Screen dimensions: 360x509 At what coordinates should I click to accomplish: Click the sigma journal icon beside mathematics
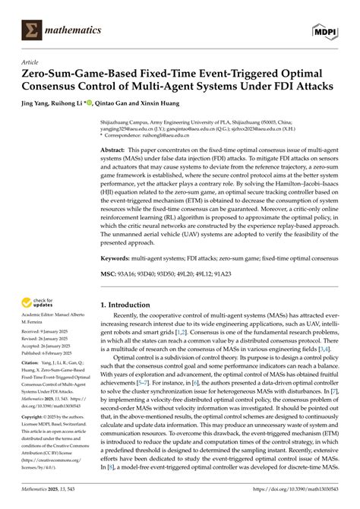[32, 30]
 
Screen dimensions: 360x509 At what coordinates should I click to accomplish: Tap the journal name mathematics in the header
[73, 30]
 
